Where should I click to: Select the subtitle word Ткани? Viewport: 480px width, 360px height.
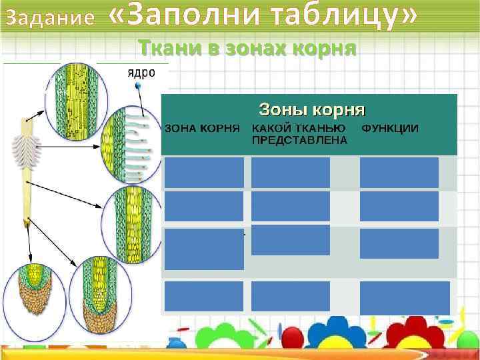coord(166,48)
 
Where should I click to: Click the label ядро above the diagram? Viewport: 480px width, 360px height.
coord(141,73)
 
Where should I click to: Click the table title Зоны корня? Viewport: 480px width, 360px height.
coord(311,107)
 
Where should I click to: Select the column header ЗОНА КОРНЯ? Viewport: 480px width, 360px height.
coord(203,127)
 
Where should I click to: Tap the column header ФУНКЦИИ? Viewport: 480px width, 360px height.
coord(390,127)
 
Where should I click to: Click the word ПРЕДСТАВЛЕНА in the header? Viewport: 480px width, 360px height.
coord(299,140)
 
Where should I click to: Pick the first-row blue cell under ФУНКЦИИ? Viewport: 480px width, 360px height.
coord(399,173)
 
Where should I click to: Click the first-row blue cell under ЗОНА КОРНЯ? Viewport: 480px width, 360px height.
coord(204,173)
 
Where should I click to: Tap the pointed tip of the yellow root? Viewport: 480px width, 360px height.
coord(27,225)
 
